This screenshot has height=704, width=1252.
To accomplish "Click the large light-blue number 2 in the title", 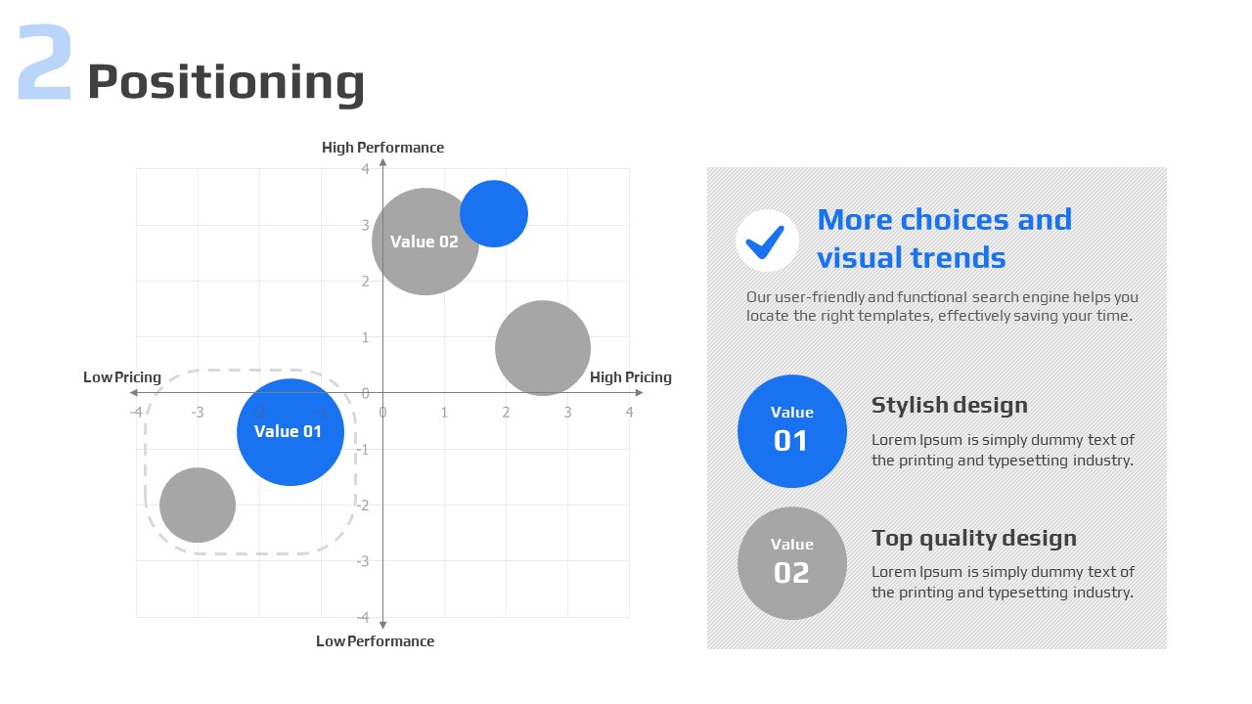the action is [x=45, y=62].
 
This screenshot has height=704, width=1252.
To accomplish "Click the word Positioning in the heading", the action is [x=226, y=83].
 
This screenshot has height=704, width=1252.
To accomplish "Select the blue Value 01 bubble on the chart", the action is [x=291, y=432].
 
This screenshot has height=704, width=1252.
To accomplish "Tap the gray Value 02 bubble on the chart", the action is [x=425, y=242].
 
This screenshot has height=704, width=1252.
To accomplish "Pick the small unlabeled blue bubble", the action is [x=494, y=213].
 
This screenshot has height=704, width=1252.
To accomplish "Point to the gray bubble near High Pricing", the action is [x=543, y=348].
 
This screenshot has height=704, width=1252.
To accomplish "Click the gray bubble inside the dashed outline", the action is [x=198, y=506].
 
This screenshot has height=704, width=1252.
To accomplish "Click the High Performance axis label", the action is [x=382, y=148].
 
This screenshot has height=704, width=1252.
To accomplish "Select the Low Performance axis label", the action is [x=375, y=640].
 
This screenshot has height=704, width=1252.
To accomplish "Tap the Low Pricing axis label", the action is [x=122, y=377].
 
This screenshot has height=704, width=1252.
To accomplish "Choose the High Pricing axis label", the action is [x=631, y=377].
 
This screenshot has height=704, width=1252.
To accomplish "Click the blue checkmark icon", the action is [x=765, y=242].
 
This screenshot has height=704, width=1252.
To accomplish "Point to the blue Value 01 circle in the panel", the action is [x=792, y=431].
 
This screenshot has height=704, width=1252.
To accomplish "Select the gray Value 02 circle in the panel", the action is [x=792, y=563].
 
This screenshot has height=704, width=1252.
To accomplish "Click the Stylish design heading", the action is [x=950, y=406].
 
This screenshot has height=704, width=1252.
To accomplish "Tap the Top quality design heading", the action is [x=974, y=539].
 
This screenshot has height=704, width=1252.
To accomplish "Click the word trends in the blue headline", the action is [x=959, y=257].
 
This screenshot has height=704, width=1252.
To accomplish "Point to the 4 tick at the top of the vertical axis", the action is [x=365, y=169].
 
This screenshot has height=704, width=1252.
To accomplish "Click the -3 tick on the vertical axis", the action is [x=363, y=561].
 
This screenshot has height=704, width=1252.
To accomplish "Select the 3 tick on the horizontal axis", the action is [x=567, y=413].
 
